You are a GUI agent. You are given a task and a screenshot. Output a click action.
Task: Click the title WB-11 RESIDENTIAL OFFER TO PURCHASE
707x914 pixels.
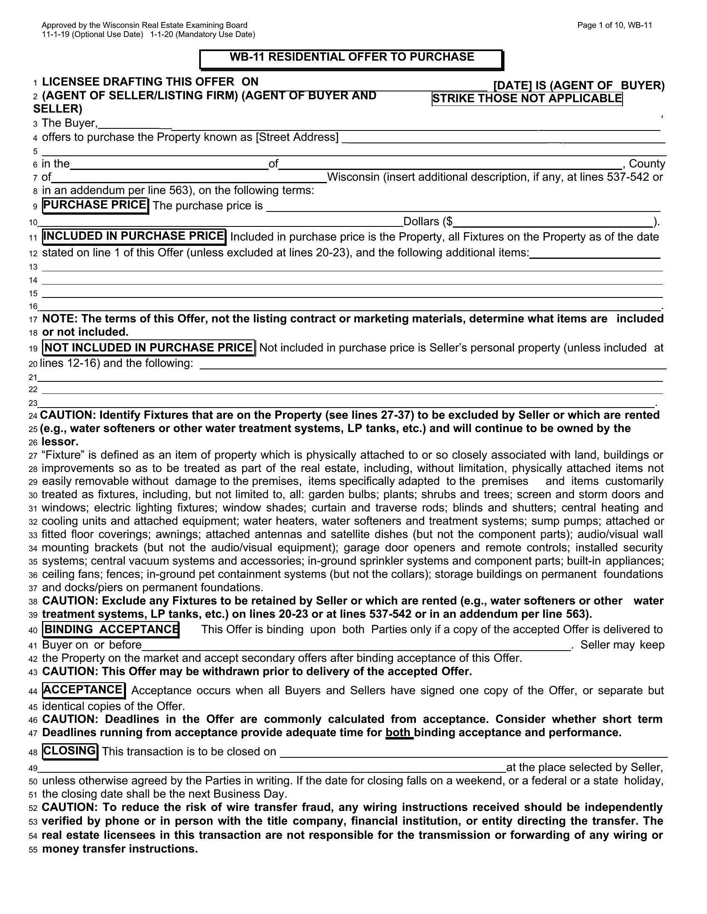click(x=351, y=57)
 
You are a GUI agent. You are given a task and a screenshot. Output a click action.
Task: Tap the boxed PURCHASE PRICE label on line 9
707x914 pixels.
click(x=96, y=205)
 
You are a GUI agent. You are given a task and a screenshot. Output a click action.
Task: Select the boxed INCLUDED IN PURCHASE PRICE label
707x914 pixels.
click(x=134, y=236)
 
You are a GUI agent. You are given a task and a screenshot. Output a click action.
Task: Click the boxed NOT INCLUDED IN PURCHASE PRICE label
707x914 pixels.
click(x=149, y=348)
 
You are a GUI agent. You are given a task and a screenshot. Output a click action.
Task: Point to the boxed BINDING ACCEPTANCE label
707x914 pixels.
click(x=111, y=629)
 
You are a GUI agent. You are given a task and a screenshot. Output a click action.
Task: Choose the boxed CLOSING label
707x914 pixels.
click(x=70, y=751)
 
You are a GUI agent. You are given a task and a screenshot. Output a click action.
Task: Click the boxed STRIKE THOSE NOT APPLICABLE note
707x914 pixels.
click(x=527, y=99)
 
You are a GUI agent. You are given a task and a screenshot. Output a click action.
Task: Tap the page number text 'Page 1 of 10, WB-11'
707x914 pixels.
click(x=614, y=25)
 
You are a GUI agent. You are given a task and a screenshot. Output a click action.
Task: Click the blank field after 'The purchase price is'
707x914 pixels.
click(x=463, y=206)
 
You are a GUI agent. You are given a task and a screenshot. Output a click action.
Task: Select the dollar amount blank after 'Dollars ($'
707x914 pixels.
click(x=553, y=222)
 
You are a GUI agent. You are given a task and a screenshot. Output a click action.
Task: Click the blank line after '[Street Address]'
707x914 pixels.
click(x=503, y=138)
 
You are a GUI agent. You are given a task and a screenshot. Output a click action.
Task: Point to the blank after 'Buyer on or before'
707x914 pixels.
click(x=356, y=645)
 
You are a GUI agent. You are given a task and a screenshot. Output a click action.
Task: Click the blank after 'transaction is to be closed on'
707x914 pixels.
click(x=473, y=752)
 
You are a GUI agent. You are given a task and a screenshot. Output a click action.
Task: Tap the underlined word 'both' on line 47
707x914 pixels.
click(x=399, y=733)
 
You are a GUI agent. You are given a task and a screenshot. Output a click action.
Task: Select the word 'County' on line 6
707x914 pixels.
click(x=647, y=164)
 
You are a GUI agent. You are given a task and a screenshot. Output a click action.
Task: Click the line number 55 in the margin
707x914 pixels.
click(x=33, y=850)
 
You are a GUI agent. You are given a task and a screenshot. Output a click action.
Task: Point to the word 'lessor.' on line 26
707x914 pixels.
click(x=60, y=442)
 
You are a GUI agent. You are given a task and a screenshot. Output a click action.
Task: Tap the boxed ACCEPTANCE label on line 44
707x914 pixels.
click(x=83, y=690)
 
